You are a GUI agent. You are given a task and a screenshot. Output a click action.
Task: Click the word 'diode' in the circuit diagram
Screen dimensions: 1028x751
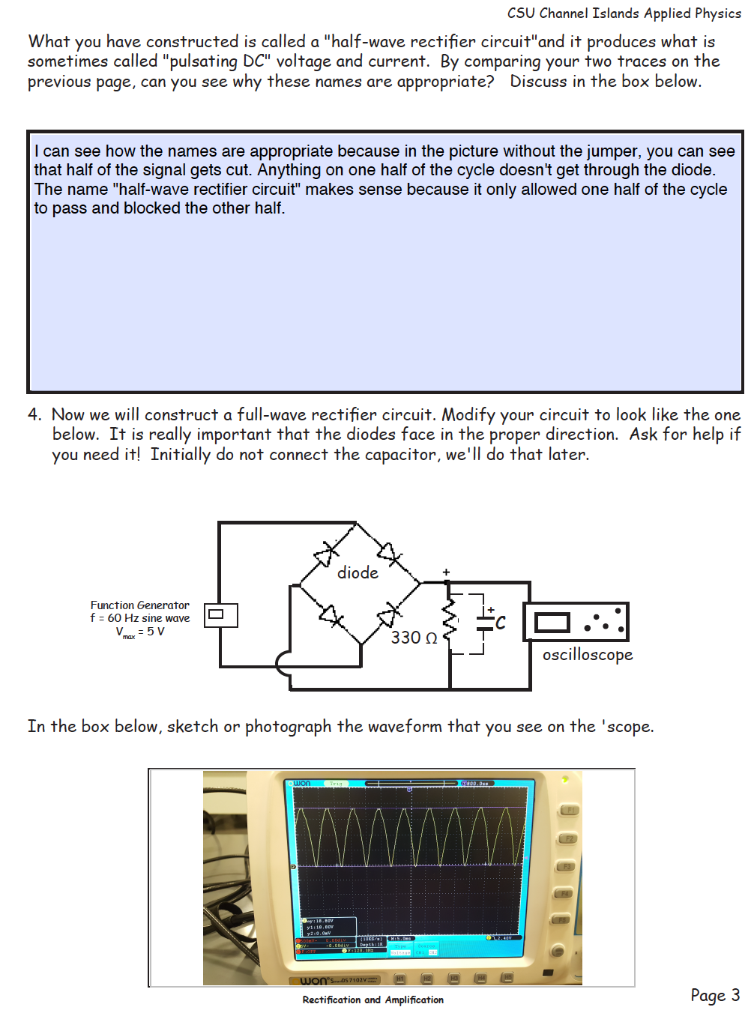(x=358, y=573)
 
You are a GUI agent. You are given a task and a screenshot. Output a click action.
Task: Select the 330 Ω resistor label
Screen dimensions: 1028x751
(x=414, y=638)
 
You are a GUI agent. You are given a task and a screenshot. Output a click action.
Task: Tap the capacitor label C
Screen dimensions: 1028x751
(x=500, y=623)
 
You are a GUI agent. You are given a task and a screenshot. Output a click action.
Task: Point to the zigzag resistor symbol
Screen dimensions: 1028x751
(x=450, y=619)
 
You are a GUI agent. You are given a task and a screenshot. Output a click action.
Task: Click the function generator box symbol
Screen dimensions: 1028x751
(x=220, y=615)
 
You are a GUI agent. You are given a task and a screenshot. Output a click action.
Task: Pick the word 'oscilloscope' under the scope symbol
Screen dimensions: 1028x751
(x=588, y=655)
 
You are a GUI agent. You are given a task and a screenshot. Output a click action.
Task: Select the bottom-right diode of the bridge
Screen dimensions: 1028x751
(x=387, y=616)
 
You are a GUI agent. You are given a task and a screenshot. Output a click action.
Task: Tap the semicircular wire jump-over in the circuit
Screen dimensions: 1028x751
(x=283, y=664)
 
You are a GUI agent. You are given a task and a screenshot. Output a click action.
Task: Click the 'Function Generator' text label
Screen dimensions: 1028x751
(x=140, y=605)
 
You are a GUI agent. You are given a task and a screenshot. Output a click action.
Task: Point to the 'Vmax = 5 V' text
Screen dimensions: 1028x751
(x=140, y=632)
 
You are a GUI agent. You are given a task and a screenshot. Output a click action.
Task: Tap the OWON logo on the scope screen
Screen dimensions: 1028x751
(x=301, y=783)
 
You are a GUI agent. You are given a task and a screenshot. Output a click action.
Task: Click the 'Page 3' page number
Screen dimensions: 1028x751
(x=714, y=995)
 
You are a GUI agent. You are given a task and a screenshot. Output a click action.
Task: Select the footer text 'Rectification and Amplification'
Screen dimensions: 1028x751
(x=373, y=1000)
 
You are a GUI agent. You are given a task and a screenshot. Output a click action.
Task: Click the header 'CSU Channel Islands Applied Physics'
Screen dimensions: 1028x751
(x=624, y=13)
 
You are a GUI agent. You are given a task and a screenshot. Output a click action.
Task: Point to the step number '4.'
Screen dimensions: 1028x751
(x=35, y=415)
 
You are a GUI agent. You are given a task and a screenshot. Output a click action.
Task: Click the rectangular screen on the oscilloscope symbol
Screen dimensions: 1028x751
(x=552, y=623)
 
